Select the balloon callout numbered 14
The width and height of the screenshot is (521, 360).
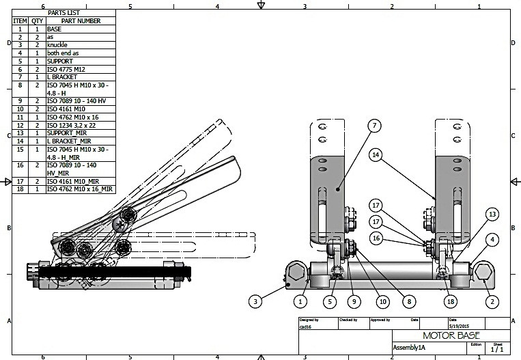point(375,155)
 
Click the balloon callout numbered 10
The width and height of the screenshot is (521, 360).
point(382,300)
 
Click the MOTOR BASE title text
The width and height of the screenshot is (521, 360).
point(451,335)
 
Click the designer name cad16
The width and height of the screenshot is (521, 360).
point(307,326)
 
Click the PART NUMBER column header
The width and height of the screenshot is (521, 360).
point(80,21)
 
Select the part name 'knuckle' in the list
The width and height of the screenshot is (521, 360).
point(57,45)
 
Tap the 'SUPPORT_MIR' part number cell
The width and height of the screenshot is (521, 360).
point(66,133)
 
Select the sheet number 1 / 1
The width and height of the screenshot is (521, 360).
point(497,349)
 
